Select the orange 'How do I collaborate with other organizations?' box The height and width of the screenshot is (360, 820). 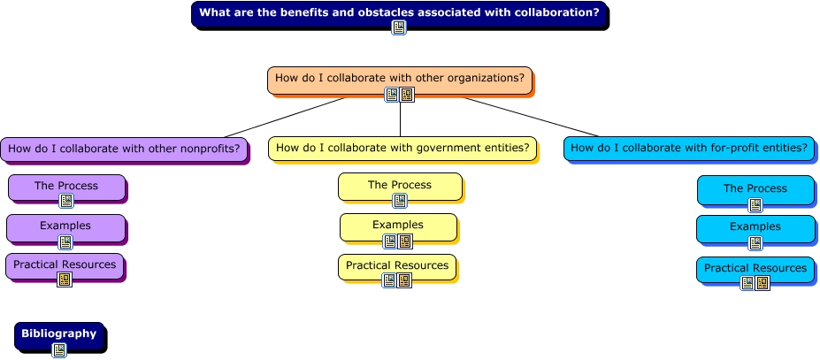[x=400, y=80]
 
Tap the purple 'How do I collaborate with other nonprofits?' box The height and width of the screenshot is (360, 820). [x=124, y=149]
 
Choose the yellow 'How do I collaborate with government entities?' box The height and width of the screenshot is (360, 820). [x=402, y=149]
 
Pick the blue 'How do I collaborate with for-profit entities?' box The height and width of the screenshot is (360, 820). [x=689, y=149]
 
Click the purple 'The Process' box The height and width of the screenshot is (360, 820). [x=66, y=188]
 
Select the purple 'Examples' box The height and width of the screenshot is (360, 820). [x=65, y=228]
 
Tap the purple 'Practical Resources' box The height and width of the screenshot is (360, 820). [x=65, y=266]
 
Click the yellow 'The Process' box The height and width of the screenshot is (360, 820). [x=400, y=187]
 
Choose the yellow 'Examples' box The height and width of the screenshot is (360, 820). [x=398, y=227]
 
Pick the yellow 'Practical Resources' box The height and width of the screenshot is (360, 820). [x=397, y=267]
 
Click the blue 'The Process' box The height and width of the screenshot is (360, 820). [x=755, y=190]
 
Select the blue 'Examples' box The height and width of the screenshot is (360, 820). [x=755, y=229]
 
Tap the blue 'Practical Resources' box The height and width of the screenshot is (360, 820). [x=755, y=270]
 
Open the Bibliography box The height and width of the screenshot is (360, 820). [x=59, y=336]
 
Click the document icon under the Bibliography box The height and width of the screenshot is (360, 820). [x=59, y=350]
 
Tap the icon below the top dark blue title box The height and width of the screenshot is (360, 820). [x=399, y=27]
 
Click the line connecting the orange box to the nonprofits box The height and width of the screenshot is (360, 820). [x=285, y=118]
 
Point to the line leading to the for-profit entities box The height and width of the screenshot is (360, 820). [x=530, y=117]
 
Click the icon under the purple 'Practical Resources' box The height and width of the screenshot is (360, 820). [x=65, y=280]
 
